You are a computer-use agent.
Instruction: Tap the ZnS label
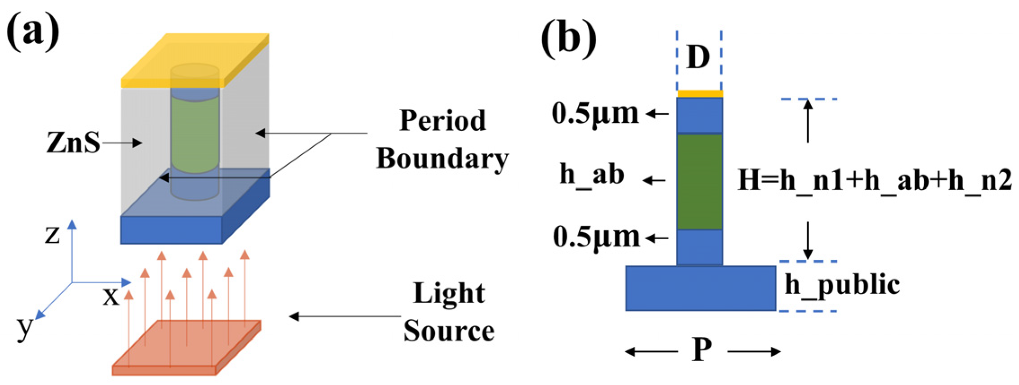(x=73, y=143)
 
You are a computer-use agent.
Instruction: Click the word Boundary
(x=442, y=158)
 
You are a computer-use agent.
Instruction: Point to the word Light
(x=449, y=293)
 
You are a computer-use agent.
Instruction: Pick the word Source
(x=449, y=331)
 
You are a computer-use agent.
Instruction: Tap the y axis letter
(x=24, y=327)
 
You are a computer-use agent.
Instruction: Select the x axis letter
(x=111, y=297)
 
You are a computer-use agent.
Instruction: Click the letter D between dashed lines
(x=698, y=58)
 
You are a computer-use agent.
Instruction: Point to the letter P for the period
(x=702, y=350)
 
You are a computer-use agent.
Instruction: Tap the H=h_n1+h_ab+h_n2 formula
(x=875, y=181)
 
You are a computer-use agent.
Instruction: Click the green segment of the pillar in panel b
(x=700, y=182)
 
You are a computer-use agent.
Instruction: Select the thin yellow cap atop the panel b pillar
(x=700, y=94)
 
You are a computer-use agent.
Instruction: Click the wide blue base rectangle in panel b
(x=701, y=288)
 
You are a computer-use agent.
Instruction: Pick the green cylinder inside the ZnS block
(x=195, y=135)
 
